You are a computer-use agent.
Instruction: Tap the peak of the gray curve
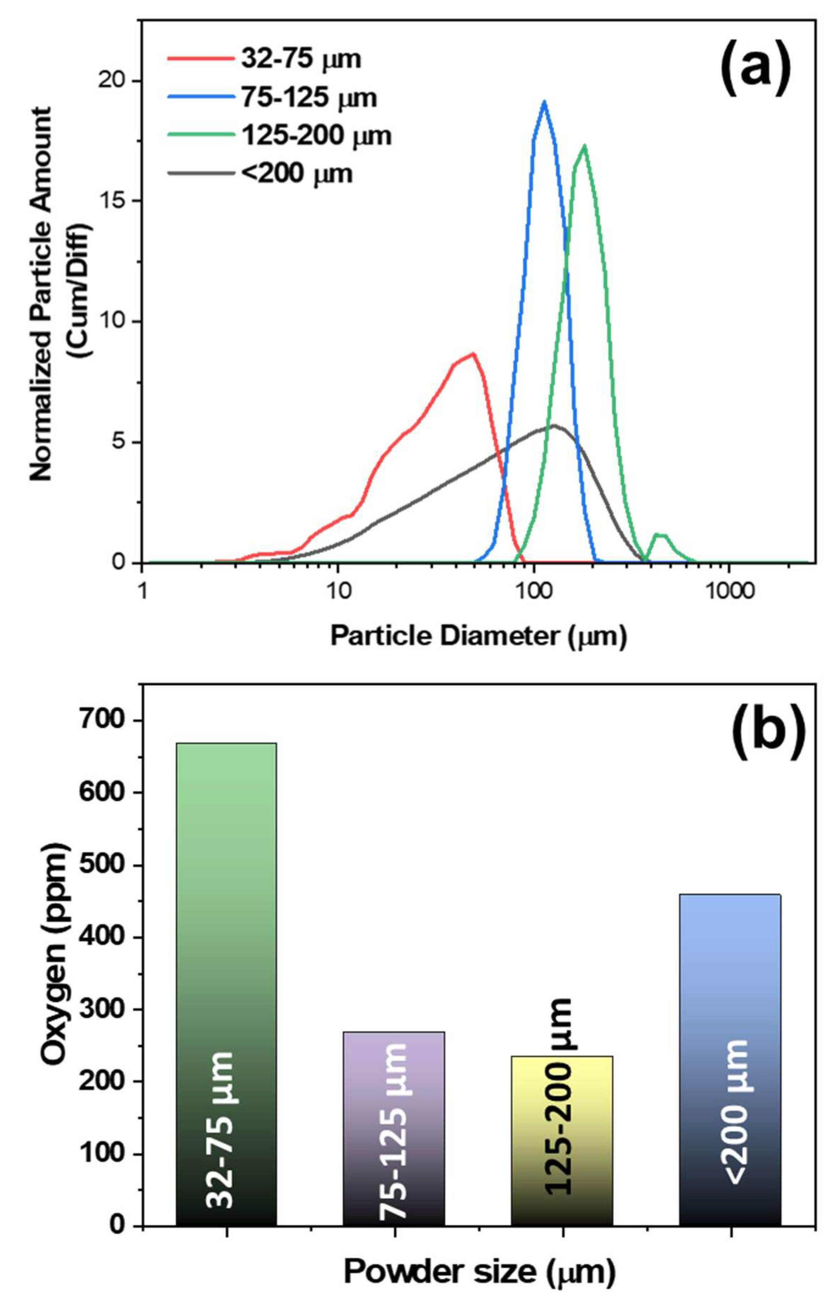point(554,426)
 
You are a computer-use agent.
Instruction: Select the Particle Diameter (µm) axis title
point(478,637)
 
